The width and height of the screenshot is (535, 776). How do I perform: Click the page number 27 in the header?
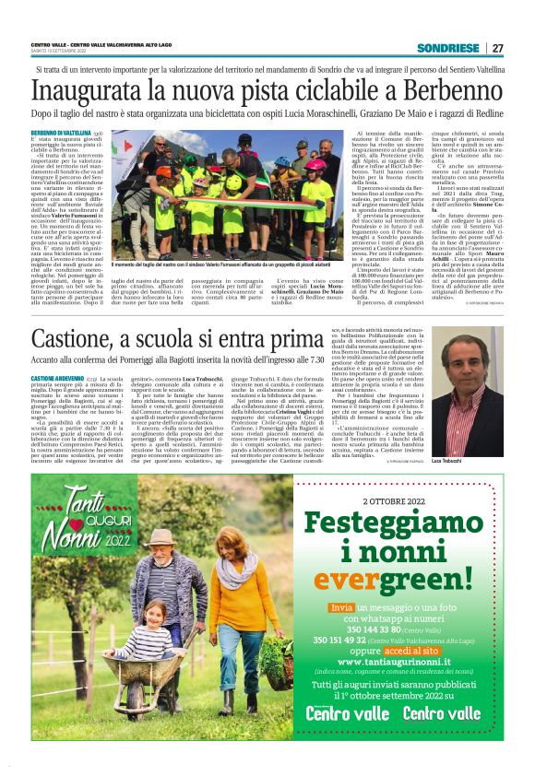(497, 48)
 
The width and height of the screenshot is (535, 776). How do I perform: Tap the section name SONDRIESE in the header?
(448, 48)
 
